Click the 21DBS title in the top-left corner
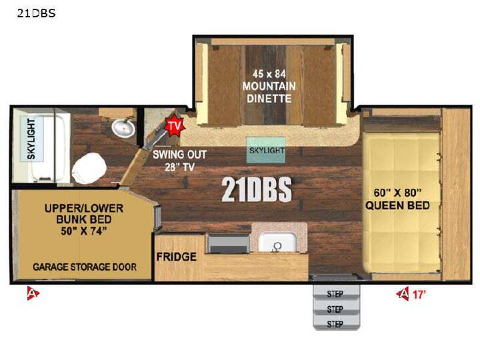(36, 13)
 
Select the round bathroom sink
(123, 127)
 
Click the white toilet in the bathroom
(89, 169)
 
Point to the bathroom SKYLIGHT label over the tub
(31, 139)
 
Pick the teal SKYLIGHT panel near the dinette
(266, 150)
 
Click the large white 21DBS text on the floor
(257, 189)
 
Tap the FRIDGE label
(176, 257)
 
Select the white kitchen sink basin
(277, 243)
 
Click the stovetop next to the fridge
(229, 244)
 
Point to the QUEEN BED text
(397, 205)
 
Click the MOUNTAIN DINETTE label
(269, 92)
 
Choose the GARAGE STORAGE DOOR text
(85, 267)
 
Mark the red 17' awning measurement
(419, 295)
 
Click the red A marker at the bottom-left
(33, 293)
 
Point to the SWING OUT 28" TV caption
(180, 161)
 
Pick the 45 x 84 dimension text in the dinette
(269, 74)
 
